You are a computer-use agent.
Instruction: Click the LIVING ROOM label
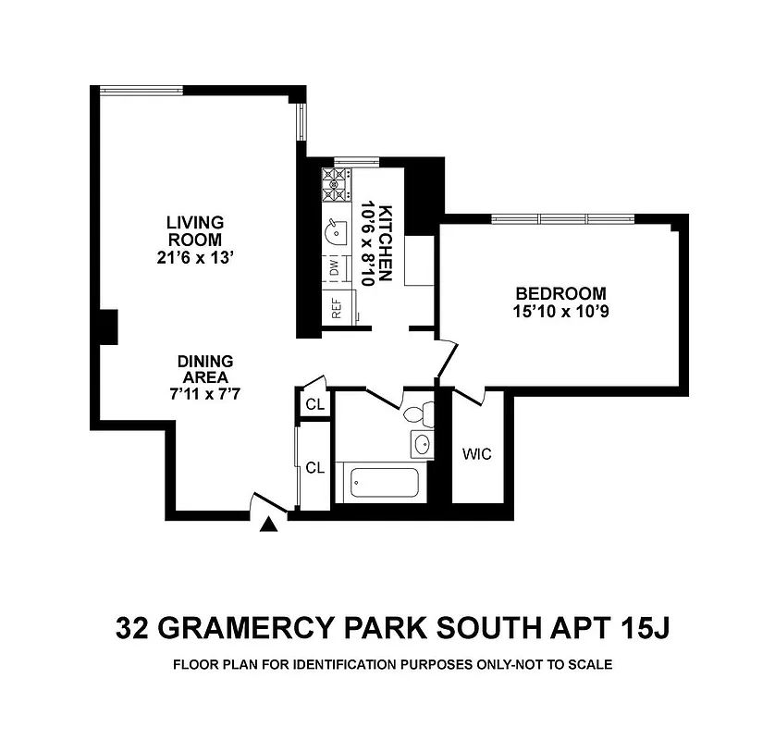point(195,231)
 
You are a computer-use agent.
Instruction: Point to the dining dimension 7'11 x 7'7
point(205,393)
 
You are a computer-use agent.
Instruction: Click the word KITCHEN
point(387,241)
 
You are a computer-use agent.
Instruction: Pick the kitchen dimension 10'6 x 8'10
point(367,242)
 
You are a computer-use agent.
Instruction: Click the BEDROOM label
point(560,293)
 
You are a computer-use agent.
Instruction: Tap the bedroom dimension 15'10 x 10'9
point(560,312)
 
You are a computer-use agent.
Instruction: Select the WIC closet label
point(476,454)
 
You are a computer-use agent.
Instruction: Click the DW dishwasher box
point(334,268)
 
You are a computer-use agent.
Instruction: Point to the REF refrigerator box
point(336,308)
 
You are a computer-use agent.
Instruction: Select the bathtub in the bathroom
point(383,482)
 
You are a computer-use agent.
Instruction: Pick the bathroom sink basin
point(422,444)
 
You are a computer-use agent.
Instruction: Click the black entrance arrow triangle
point(269,525)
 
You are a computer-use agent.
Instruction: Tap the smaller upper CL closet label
point(314,405)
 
